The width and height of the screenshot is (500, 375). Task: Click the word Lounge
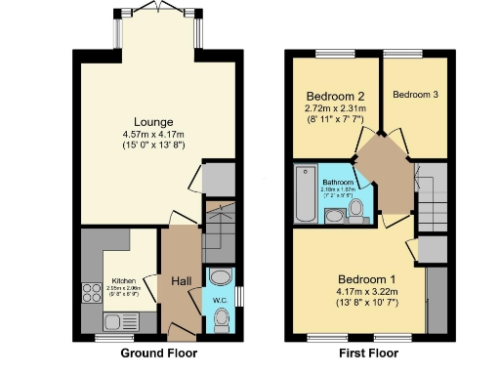pyautogui.click(x=154, y=121)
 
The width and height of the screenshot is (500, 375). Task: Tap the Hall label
pyautogui.click(x=182, y=282)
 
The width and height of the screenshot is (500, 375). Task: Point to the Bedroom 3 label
pyautogui.click(x=415, y=95)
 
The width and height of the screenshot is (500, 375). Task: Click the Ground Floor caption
pyautogui.click(x=157, y=353)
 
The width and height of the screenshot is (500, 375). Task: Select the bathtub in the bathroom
pyautogui.click(x=305, y=194)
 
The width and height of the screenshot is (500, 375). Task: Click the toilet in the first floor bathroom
pyautogui.click(x=357, y=207)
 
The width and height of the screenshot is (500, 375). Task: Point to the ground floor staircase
pyautogui.click(x=220, y=234)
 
